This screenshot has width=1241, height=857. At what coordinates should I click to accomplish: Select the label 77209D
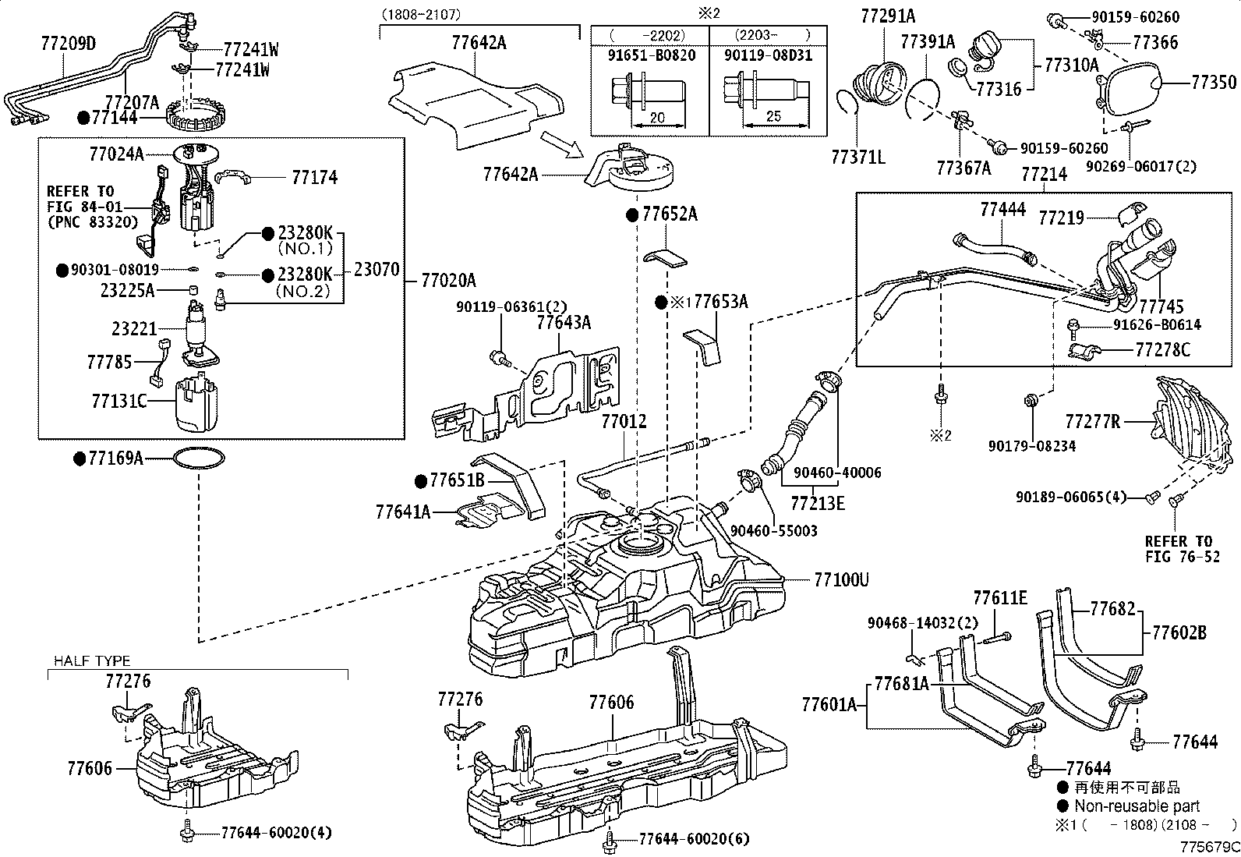point(68,43)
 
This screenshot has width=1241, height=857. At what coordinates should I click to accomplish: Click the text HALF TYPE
point(92,661)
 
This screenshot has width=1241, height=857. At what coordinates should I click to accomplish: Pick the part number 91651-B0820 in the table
point(651,55)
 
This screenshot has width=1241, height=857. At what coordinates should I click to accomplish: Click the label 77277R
point(1092,422)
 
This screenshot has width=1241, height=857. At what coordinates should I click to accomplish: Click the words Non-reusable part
point(1137,806)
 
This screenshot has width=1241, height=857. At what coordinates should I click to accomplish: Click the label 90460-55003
point(773,530)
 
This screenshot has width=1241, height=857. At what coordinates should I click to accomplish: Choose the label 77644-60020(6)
point(693,838)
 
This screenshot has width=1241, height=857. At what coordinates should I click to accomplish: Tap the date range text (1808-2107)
point(421,13)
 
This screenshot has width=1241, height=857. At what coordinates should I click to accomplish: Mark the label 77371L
point(857,157)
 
